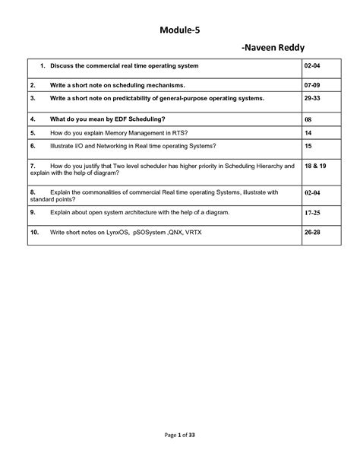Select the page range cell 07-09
pos(311,84)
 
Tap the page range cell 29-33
pos(311,98)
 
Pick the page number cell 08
pos(308,119)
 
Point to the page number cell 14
pos(308,132)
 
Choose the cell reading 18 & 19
pos(314,165)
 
